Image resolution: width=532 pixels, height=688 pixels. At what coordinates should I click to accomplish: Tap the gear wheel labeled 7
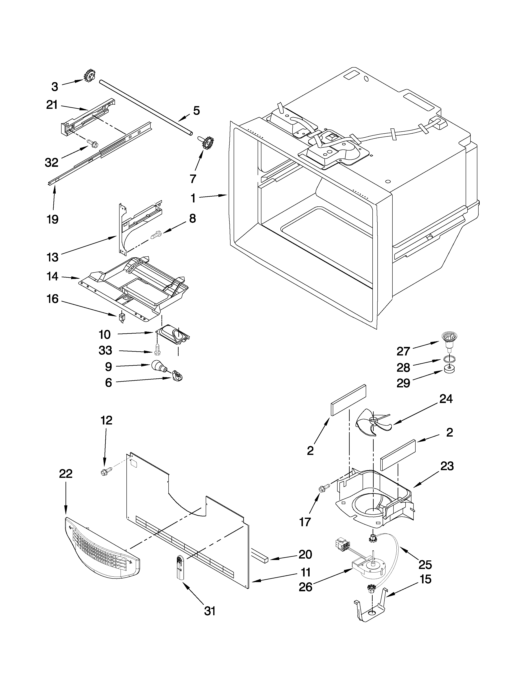tap(207, 143)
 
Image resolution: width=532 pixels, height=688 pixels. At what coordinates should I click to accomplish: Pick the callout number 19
tap(53, 219)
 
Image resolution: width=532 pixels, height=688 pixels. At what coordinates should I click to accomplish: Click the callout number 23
tap(447, 466)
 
